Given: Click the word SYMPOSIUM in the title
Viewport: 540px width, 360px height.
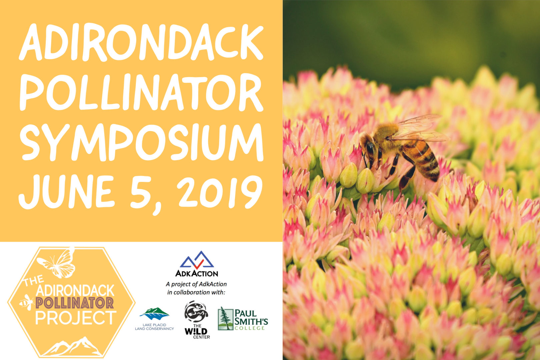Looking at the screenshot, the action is click(142, 142).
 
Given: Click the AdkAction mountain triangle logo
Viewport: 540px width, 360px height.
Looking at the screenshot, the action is click(197, 260).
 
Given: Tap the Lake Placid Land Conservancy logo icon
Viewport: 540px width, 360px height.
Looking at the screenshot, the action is click(154, 313).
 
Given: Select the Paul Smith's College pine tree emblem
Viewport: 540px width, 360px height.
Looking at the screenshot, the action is click(225, 318).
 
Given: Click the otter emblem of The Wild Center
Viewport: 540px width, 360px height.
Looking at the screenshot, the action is click(196, 311).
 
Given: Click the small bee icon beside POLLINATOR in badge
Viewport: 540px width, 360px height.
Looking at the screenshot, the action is click(27, 302).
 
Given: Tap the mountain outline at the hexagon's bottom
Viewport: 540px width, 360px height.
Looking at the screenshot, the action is click(72, 346).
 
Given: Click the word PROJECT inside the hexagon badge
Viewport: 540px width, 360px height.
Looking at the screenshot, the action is click(76, 318).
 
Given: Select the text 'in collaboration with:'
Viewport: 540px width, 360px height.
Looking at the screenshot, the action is click(196, 292).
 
